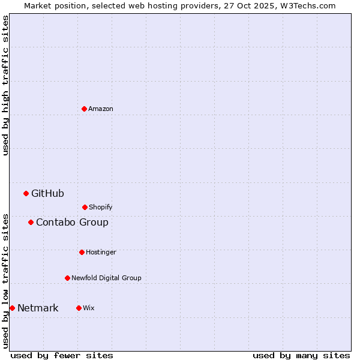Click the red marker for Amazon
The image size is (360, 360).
(84, 109)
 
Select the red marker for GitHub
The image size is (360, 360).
(26, 193)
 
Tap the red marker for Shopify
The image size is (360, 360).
(85, 207)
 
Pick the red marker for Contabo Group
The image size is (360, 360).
(31, 222)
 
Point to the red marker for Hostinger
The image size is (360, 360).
(82, 252)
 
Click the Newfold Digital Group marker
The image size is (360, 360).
(67, 278)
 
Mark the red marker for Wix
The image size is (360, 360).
(79, 308)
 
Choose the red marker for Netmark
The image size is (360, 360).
(12, 308)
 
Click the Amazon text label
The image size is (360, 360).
(101, 109)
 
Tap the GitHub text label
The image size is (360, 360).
(47, 193)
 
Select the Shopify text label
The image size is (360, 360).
(101, 207)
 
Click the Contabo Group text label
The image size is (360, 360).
(72, 222)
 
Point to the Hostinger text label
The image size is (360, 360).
(101, 252)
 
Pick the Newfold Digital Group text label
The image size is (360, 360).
(106, 278)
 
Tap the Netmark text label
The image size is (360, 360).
(38, 308)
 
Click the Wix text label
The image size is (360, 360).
(89, 308)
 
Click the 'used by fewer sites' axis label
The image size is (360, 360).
(62, 355)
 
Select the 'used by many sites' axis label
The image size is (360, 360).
(301, 355)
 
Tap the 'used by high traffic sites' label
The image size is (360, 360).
(5, 85)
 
